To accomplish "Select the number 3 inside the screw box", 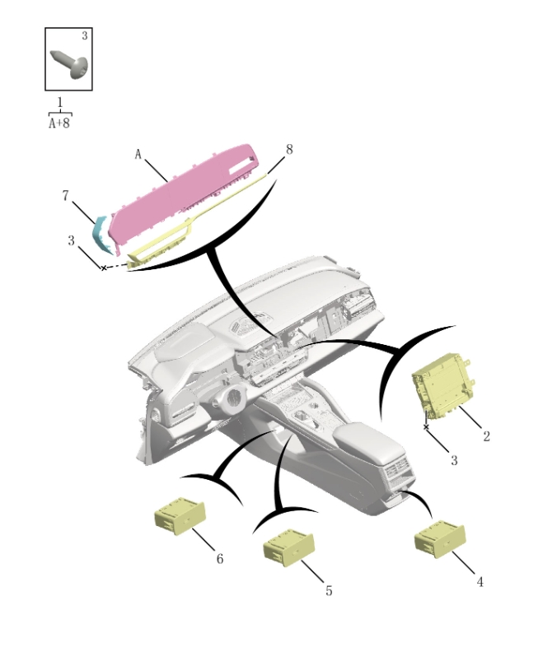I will click(x=84, y=36).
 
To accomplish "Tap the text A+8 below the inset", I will click(x=59, y=123).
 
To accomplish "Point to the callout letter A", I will click(x=138, y=154).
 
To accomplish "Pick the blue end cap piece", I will click(x=102, y=233).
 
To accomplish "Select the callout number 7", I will click(x=65, y=195).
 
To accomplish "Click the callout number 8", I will click(x=288, y=150).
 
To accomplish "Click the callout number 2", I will click(x=486, y=436).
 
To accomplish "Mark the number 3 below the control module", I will click(x=453, y=460).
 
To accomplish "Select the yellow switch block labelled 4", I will click(x=437, y=538).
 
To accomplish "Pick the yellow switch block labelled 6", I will click(x=179, y=516).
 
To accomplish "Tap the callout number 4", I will click(x=480, y=582).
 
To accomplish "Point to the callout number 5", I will click(x=328, y=591).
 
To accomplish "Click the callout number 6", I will click(x=219, y=559).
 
